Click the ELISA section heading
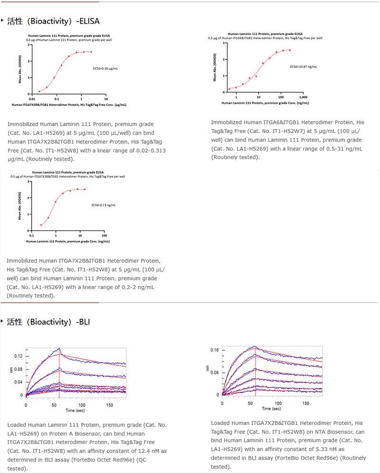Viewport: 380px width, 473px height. point(53,21)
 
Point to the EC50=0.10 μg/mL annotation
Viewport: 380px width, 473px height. point(105,69)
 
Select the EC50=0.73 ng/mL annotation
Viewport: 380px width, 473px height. point(104,205)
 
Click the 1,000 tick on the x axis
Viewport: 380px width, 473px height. point(304,96)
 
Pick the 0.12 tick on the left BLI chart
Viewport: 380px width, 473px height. point(18,356)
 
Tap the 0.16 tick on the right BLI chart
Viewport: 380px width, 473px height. point(214,350)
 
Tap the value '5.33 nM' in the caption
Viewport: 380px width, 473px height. point(332,449)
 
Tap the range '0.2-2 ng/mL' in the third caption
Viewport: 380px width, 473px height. point(137,287)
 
